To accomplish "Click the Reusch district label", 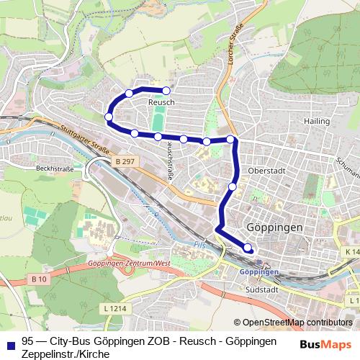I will pos(161,103).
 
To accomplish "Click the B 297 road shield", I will pos(125,163).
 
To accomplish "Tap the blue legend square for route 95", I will pos(9,341).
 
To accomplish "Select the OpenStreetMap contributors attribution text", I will pos(297,323).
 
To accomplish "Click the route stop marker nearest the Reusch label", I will pos(166,91).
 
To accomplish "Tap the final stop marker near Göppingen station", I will pos(248,248).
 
